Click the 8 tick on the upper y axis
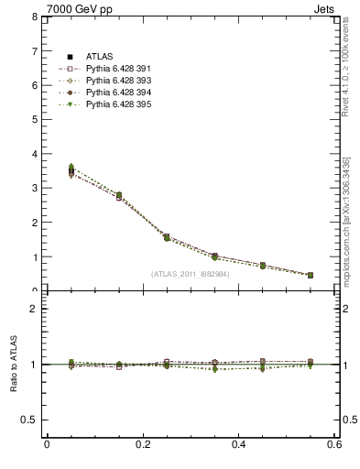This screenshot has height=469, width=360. [34, 16]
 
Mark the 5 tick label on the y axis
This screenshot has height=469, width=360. [34, 120]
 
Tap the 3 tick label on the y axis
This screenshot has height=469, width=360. [34, 189]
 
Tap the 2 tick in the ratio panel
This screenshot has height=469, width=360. [34, 309]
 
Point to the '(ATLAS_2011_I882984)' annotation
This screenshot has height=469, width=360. [190, 274]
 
